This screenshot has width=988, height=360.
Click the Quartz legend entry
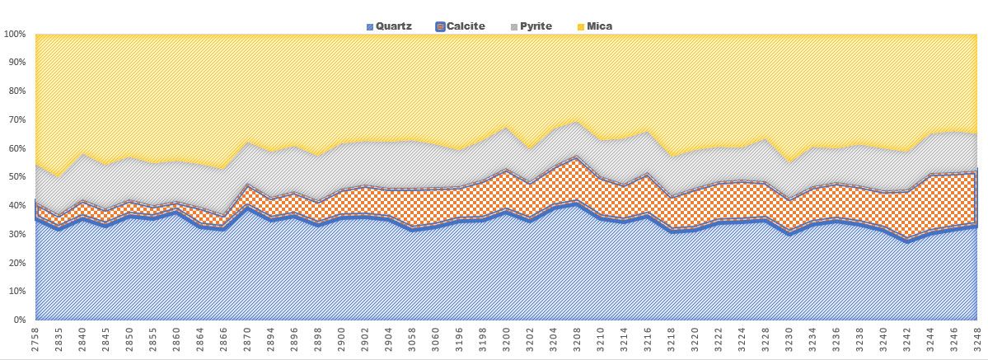point(394,26)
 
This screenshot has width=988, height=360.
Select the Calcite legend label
point(466,26)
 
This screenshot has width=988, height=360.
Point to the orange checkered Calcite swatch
point(440,27)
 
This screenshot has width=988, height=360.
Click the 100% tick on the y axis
point(15,35)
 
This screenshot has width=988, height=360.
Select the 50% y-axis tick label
point(17,177)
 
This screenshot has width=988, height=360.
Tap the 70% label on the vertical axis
point(17,120)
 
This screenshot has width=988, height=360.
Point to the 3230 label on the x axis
point(789,339)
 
